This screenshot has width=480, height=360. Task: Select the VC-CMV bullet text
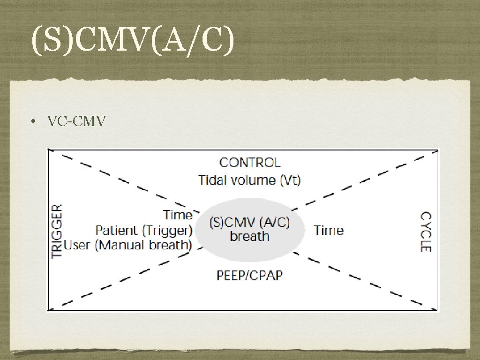tap(76, 121)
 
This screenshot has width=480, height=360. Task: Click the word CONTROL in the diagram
tap(250, 163)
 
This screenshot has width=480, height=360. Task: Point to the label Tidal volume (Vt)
tap(249, 180)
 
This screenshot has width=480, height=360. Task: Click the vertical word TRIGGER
tap(57, 231)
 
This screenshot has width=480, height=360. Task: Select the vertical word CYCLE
tap(425, 232)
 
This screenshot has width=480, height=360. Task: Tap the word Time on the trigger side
tap(178, 215)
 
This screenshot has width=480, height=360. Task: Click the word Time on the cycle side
tap(329, 230)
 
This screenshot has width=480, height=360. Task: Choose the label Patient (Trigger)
tap(144, 230)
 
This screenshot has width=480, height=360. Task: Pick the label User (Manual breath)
tap(128, 245)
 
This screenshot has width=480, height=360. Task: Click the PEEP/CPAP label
tap(249, 275)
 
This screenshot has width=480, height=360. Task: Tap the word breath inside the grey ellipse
tap(249, 236)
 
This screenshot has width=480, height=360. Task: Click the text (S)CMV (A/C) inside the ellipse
tap(249, 222)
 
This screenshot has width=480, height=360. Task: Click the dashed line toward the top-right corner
tap(370, 180)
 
